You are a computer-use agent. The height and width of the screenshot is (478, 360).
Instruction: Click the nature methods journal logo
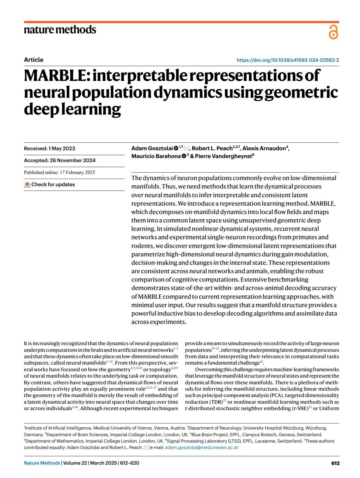(x=60, y=30)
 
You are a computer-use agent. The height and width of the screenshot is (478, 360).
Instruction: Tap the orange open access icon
(x=333, y=32)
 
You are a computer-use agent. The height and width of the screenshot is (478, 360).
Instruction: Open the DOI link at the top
(x=288, y=60)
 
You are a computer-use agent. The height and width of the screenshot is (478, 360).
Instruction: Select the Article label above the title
(x=34, y=60)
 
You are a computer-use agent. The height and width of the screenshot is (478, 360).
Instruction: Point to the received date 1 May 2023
(x=49, y=149)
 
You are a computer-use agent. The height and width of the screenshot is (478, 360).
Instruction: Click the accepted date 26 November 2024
(x=60, y=161)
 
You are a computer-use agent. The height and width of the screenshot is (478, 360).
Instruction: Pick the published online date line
(x=59, y=173)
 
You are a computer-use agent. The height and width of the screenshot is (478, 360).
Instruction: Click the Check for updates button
(x=50, y=185)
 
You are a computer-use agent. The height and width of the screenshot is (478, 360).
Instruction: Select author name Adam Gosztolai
(x=152, y=149)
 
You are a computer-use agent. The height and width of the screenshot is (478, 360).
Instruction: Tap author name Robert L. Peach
(x=212, y=149)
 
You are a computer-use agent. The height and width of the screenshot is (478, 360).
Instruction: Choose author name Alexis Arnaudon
(x=264, y=149)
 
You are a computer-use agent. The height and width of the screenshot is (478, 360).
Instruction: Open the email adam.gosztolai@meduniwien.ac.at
(x=201, y=447)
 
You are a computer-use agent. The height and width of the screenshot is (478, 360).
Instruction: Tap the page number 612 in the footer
(x=335, y=463)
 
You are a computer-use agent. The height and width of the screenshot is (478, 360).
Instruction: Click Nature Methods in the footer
(x=42, y=463)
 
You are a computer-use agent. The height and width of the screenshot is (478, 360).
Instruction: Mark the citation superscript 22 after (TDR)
(x=225, y=401)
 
